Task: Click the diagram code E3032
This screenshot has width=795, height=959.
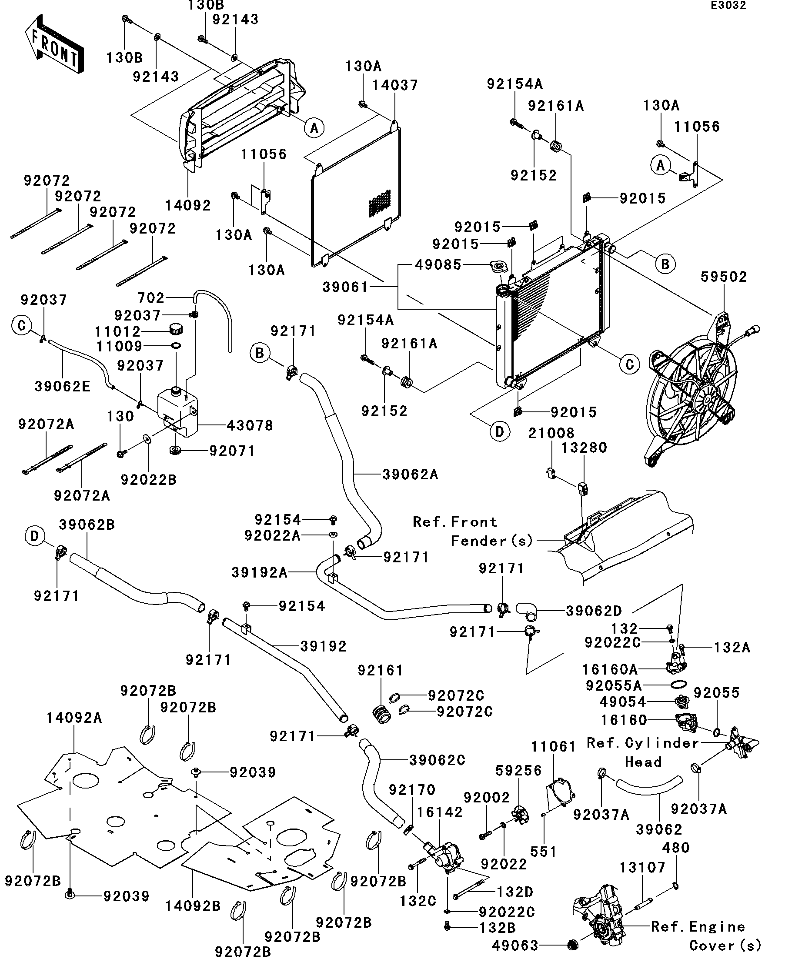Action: pos(728,6)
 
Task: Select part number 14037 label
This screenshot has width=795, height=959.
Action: pos(394,85)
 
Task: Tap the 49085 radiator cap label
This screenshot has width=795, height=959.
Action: pos(438,265)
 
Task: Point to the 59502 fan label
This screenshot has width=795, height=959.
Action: pos(724,277)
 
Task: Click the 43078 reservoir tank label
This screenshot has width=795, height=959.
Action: pos(250,426)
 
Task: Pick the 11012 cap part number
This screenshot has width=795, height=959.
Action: pos(117,331)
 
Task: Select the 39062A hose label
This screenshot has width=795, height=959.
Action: pos(410,475)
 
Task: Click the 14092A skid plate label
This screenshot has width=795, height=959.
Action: pos(74,718)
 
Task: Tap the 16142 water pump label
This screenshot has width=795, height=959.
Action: pos(439,812)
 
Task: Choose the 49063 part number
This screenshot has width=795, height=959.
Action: pos(515,946)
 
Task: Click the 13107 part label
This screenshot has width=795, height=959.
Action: pos(642,867)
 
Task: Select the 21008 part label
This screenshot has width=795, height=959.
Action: pos(551,433)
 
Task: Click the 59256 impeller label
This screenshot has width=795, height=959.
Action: pos(518,770)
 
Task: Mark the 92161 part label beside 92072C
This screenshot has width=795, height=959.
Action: pos(381,670)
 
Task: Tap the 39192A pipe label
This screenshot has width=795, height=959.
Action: pos(259,572)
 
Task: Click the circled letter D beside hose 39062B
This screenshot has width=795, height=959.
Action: pos(35,536)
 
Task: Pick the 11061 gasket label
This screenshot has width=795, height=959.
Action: pos(553,747)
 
